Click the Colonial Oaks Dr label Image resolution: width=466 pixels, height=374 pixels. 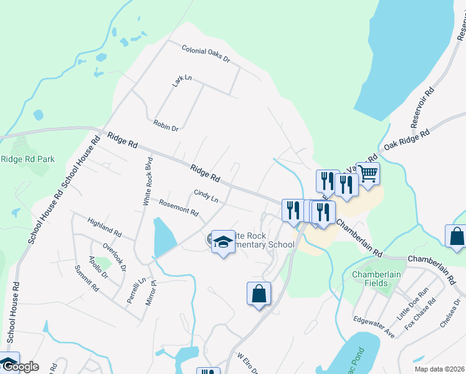click(206, 55)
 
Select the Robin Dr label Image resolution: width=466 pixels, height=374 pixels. click(166, 125)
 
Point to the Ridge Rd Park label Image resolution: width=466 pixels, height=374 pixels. click(27, 159)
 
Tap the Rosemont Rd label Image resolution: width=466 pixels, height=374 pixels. click(178, 208)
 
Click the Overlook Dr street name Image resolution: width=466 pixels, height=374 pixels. click(115, 256)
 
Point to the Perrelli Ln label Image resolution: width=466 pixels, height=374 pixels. click(132, 290)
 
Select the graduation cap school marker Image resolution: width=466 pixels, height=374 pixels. click(222, 242)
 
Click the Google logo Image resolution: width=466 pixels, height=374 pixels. click(20, 367)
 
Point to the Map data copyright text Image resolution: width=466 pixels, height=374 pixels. click(439, 369)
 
